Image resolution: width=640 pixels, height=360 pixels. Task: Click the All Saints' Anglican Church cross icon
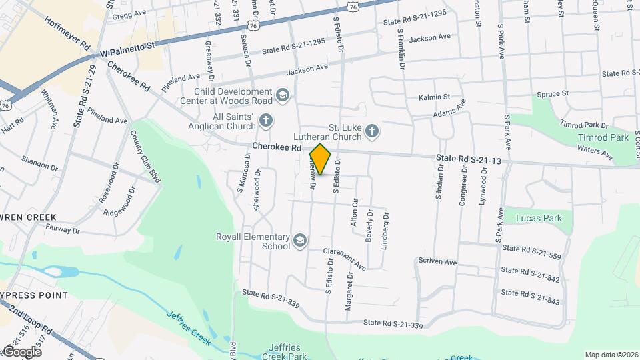click(266, 121)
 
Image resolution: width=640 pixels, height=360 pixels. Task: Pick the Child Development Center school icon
click(283, 96)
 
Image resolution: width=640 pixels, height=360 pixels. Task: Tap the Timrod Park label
click(603, 137)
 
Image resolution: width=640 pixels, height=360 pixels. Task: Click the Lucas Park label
click(539, 218)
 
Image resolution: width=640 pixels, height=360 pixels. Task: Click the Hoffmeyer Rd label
click(67, 33)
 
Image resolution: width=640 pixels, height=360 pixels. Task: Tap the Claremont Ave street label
click(345, 259)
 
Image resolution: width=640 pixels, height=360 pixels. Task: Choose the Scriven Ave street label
click(437, 262)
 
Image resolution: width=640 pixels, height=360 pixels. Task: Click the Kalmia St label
click(435, 97)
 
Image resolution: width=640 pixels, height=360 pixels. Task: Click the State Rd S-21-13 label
click(468, 159)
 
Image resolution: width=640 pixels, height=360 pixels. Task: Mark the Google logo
click(21, 351)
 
